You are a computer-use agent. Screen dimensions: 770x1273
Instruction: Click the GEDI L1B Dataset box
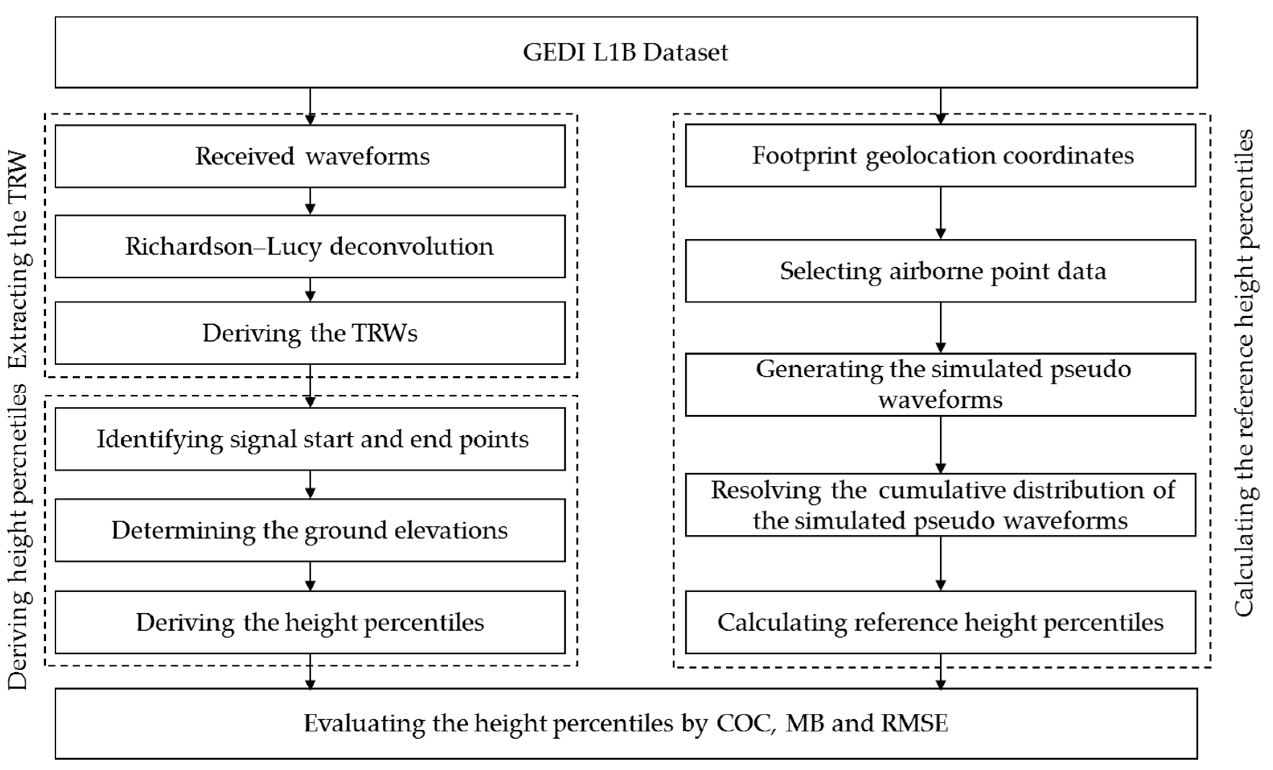[626, 52]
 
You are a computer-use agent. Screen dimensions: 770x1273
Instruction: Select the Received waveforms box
[310, 156]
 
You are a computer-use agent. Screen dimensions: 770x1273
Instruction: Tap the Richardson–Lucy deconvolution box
[310, 246]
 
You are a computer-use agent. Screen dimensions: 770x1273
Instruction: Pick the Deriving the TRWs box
[310, 333]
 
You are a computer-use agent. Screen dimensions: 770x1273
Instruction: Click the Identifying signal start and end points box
[310, 439]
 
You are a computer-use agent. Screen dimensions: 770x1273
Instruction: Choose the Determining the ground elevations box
[310, 530]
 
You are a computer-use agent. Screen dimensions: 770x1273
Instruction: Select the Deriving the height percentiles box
[310, 622]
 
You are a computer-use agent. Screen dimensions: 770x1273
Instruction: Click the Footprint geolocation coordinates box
[940, 155]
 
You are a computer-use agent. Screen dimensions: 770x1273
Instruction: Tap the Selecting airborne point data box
[940, 271]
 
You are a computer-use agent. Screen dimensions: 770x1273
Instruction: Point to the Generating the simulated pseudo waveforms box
[940, 384]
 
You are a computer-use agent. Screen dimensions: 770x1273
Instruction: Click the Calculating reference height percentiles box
[940, 622]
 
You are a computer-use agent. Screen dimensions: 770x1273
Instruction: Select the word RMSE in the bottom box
[914, 723]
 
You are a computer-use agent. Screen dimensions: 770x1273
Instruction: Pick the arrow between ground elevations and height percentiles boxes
[310, 576]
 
